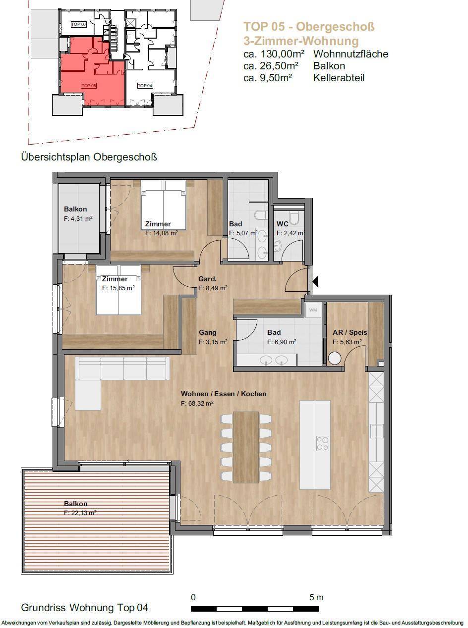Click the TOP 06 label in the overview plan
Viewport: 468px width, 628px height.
78,24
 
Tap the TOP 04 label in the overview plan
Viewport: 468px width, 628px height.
145,86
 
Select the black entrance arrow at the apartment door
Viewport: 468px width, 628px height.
315,282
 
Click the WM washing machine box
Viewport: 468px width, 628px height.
313,310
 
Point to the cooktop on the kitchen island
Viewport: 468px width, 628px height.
323,443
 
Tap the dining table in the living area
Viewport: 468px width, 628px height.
246,447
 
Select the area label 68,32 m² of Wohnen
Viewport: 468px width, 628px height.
197,403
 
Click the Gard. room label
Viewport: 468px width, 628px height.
208,279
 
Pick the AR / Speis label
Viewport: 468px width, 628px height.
350,332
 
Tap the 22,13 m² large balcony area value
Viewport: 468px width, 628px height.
80,513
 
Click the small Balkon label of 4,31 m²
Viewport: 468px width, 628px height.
75,209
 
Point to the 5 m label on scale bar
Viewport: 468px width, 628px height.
316,597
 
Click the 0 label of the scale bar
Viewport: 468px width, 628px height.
193,597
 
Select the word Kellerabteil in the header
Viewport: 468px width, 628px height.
339,78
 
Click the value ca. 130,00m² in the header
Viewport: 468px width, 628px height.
274,54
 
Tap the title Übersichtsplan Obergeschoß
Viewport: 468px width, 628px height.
89,157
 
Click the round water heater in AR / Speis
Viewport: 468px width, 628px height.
335,358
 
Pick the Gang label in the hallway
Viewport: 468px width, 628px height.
208,332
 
